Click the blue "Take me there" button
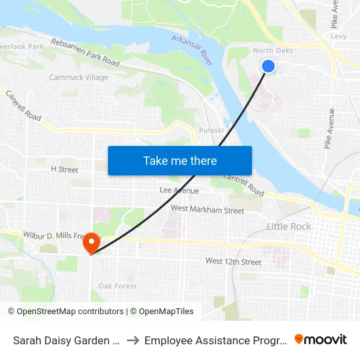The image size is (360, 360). click(180, 160)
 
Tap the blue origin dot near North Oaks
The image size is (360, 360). click(268, 66)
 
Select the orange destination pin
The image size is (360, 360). click(90, 243)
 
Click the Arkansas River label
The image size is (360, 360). click(193, 50)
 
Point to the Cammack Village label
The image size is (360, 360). click(79, 77)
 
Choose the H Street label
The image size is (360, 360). click(64, 169)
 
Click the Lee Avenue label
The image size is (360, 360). click(179, 190)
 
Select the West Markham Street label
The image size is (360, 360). click(207, 210)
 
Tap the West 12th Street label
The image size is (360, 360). click(233, 262)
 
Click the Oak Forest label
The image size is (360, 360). click(117, 286)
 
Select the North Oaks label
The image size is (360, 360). click(272, 50)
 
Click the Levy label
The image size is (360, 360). click(338, 37)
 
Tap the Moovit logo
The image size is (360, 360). click(320, 340)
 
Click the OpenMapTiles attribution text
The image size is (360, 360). click(162, 312)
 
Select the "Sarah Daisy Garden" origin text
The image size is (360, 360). click(65, 340)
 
